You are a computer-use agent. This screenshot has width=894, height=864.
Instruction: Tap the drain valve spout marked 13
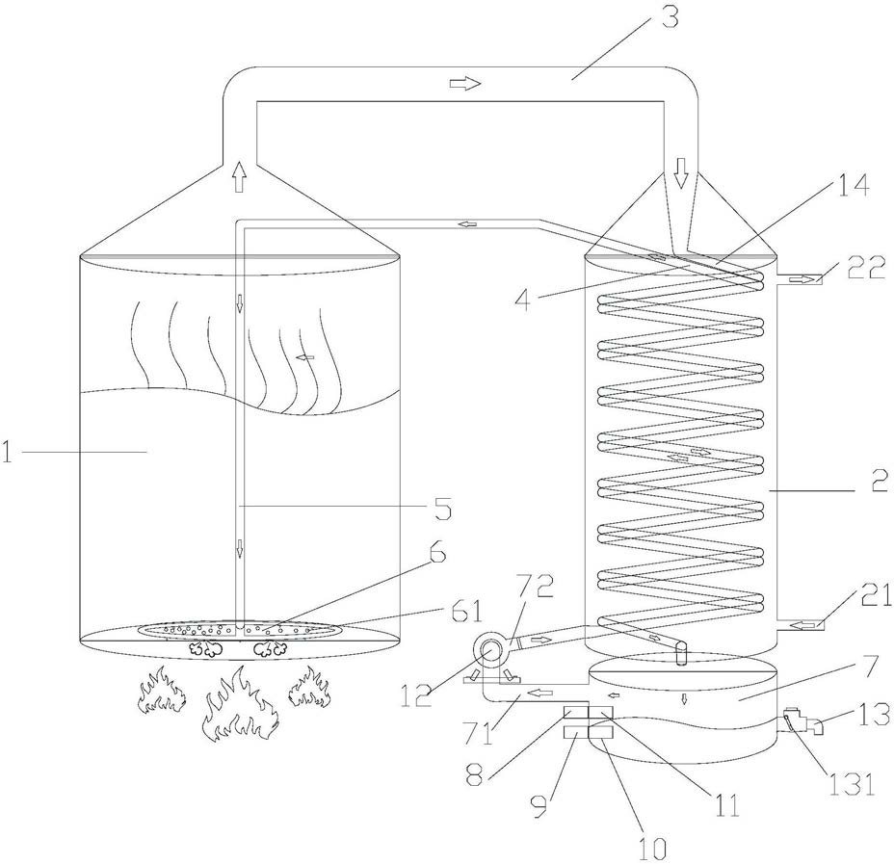click(x=806, y=723)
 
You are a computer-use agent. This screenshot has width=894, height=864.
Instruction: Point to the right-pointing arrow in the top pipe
click(x=464, y=84)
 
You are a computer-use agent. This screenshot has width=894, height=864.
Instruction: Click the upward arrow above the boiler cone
click(x=238, y=177)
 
